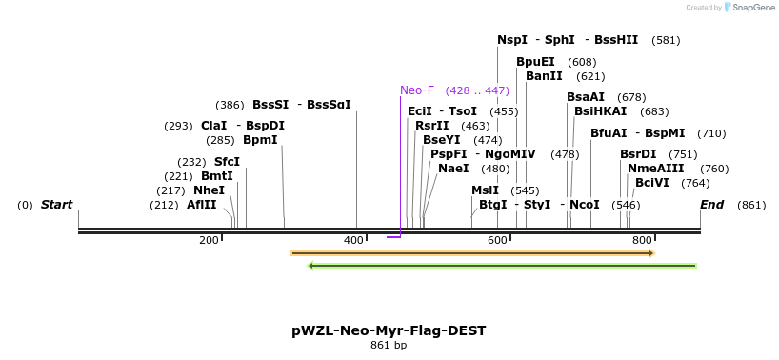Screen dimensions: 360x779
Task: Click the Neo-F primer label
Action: pyautogui.click(x=417, y=90)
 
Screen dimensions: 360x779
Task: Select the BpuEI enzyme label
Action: pyautogui.click(x=535, y=62)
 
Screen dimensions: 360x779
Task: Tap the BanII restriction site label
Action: pyautogui.click(x=544, y=76)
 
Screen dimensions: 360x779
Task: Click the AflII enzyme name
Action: pyautogui.click(x=202, y=205)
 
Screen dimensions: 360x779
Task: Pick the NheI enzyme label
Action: pyautogui.click(x=210, y=190)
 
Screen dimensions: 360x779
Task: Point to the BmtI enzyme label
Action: pyautogui.click(x=217, y=176)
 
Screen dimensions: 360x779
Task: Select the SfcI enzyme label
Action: pyautogui.click(x=227, y=162)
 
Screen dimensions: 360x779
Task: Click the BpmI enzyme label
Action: pyautogui.click(x=260, y=140)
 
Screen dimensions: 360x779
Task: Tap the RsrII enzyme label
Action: pyautogui.click(x=432, y=126)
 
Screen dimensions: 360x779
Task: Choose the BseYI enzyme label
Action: pyautogui.click(x=442, y=140)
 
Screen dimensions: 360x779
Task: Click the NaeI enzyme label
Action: pyautogui.click(x=453, y=169)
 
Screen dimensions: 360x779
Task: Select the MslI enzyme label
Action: pyautogui.click(x=485, y=190)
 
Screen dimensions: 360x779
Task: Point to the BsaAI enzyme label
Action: pyautogui.click(x=586, y=97)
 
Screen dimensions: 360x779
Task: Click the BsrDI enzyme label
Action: pyautogui.click(x=638, y=154)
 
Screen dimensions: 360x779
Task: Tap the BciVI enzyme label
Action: pyautogui.click(x=652, y=183)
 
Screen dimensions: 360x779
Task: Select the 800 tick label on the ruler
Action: pyautogui.click(x=641, y=240)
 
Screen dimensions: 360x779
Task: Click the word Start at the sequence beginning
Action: pyautogui.click(x=56, y=205)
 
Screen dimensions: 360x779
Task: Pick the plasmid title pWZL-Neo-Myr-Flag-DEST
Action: pyautogui.click(x=389, y=330)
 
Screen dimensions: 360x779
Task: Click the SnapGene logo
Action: pyautogui.click(x=749, y=8)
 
